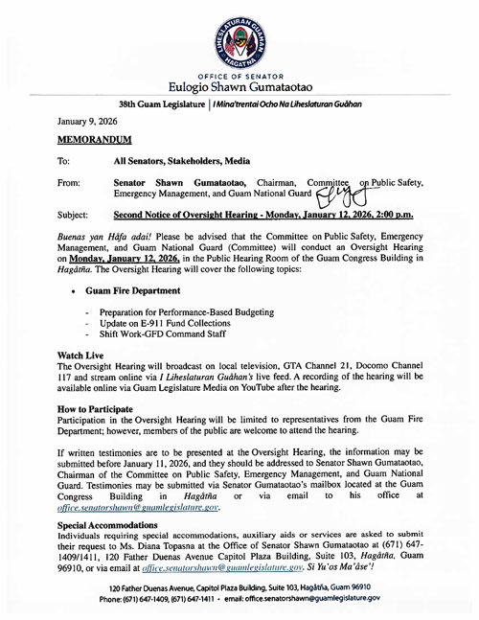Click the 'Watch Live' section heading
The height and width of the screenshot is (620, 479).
pyautogui.click(x=82, y=356)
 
